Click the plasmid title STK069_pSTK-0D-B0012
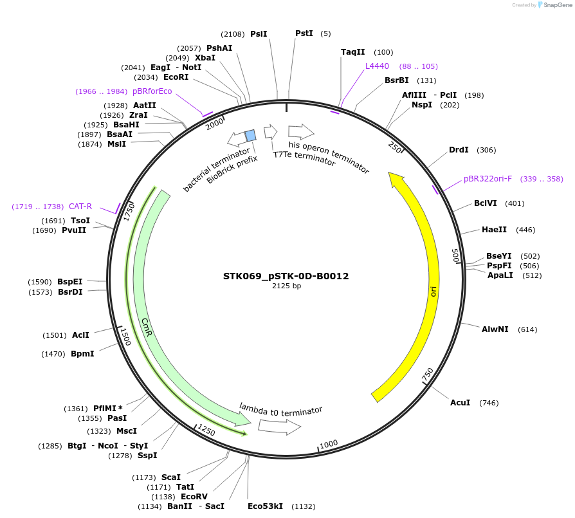[286, 276]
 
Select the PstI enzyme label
[304, 33]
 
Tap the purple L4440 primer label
[377, 66]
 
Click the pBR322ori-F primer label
[488, 179]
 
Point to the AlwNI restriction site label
[495, 329]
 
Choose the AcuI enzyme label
[460, 403]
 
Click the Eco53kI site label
[265, 506]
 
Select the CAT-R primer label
[80, 207]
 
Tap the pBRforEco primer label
[152, 91]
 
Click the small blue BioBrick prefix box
[251, 134]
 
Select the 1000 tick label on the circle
[329, 444]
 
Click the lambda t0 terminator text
[280, 409]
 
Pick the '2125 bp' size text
[286, 286]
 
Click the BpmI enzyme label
[82, 354]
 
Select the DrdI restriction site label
[459, 150]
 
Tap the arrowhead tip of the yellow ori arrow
[390, 172]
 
